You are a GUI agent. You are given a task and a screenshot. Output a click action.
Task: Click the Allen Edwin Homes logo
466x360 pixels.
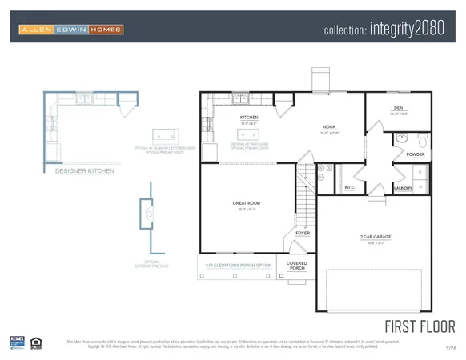[x=70, y=30]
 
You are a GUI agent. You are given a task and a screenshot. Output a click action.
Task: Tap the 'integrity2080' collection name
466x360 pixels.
[x=389, y=30]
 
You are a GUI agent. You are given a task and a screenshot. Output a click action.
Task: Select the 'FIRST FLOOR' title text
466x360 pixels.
[x=420, y=326]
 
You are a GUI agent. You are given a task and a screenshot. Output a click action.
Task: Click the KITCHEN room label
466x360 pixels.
[x=249, y=118]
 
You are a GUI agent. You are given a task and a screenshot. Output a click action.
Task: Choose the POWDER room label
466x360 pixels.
[x=415, y=154]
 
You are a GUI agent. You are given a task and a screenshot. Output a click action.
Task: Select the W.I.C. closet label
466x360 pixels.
[x=349, y=188]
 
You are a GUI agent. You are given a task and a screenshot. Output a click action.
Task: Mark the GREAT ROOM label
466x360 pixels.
[x=246, y=203]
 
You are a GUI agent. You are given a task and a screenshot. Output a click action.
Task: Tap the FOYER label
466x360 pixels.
[x=303, y=233]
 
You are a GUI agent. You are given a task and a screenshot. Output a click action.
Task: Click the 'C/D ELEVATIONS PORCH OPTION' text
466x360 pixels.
[x=239, y=265]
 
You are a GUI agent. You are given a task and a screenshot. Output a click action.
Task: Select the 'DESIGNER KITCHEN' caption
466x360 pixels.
[x=84, y=170]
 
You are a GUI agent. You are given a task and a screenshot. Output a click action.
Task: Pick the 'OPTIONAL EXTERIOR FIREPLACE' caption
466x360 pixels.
[x=151, y=263]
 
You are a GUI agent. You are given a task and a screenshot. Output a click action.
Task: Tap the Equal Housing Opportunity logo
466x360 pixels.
[x=36, y=342]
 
